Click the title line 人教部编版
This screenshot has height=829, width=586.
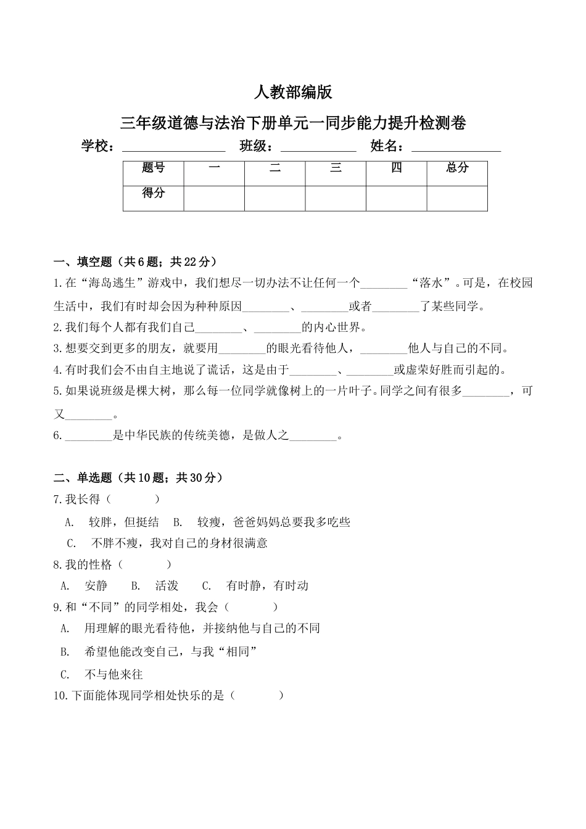[293, 93]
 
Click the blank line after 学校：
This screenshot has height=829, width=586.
[174, 148]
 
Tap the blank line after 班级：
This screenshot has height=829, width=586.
[318, 148]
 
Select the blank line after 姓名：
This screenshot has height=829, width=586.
[456, 148]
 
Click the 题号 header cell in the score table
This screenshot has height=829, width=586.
[154, 168]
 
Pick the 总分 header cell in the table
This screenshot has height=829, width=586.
[457, 168]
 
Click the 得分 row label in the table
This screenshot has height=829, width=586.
[154, 193]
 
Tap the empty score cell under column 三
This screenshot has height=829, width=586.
[336, 198]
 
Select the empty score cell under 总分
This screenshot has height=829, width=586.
[457, 198]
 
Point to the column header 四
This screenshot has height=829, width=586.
[397, 168]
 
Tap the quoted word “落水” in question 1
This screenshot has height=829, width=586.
[431, 283]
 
